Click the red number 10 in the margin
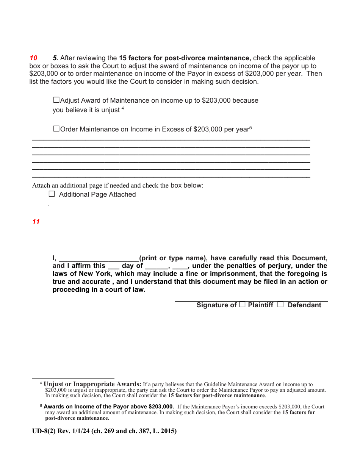[x=33, y=58]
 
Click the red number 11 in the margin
[x=36, y=222]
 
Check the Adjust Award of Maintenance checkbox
[x=56, y=100]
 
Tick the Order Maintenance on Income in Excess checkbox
[x=56, y=129]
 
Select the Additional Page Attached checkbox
[x=52, y=194]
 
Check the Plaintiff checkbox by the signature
[x=243, y=305]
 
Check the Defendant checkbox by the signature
[x=280, y=305]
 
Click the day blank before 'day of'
[x=113, y=266]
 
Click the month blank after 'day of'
[x=156, y=266]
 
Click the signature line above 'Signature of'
[x=251, y=300]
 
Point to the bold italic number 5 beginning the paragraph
[x=55, y=58]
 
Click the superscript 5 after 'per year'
[x=250, y=128]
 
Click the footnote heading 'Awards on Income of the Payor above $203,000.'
[x=109, y=407]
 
